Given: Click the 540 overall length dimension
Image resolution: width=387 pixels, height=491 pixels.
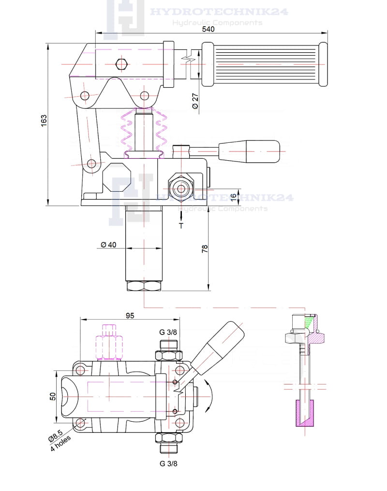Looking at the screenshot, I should (x=208, y=29).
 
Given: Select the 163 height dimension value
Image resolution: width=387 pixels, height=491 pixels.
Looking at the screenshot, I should (x=44, y=121).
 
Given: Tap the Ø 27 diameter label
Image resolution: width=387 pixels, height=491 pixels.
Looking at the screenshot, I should (x=195, y=100).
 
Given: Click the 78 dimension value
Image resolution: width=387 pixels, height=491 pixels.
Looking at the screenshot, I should (x=205, y=248).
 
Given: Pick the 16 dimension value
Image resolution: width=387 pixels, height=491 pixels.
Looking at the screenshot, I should (x=233, y=196).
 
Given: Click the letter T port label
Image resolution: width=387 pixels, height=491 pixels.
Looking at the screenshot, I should (x=181, y=225).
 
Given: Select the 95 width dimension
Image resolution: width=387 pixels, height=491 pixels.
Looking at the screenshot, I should (x=130, y=316).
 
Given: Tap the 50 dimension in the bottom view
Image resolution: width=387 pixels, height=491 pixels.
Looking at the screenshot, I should (x=53, y=396).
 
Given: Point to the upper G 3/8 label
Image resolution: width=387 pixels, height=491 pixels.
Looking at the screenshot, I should (x=167, y=332).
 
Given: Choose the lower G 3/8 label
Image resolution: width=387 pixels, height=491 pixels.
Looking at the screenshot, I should (x=167, y=463).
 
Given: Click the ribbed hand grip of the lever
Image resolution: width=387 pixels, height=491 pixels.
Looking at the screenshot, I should (x=265, y=63).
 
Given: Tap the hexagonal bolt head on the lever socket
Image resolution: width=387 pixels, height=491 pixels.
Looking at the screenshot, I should (x=121, y=63).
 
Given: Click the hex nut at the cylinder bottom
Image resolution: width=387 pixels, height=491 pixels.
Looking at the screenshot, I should (x=143, y=286).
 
